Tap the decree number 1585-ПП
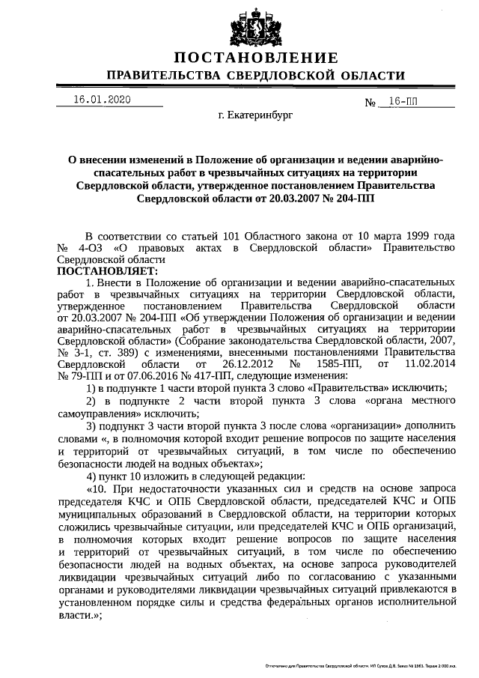[x=342, y=364]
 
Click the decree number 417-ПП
[x=214, y=375]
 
